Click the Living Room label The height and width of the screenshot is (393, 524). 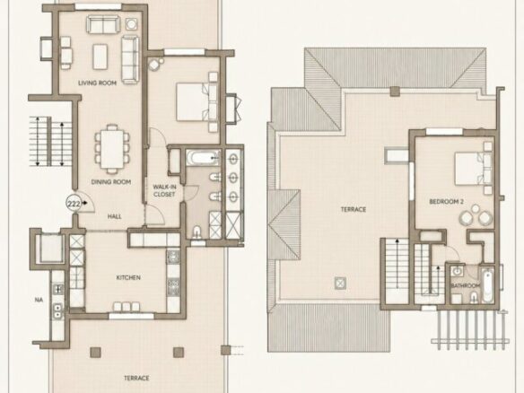97,83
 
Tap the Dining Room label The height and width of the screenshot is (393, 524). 111,182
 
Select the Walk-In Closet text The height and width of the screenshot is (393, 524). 164,190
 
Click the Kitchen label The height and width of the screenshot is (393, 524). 128,277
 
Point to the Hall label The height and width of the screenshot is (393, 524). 114,216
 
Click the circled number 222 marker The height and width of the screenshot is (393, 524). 74,203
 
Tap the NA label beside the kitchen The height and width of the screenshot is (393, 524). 39,300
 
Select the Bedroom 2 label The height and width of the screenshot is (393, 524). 446,202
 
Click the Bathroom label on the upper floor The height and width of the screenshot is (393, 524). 466,285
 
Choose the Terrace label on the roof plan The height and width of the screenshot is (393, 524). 354,210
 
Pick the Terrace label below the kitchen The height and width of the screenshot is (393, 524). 136,378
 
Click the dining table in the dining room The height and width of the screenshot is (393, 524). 112,149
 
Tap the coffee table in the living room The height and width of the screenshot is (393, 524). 100,57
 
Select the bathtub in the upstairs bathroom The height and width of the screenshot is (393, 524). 487,285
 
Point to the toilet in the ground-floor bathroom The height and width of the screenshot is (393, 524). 196,231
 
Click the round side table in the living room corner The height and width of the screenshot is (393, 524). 131,23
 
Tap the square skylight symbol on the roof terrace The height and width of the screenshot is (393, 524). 340,283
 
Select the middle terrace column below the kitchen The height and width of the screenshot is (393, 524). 179,352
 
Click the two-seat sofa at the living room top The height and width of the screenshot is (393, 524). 103,24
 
